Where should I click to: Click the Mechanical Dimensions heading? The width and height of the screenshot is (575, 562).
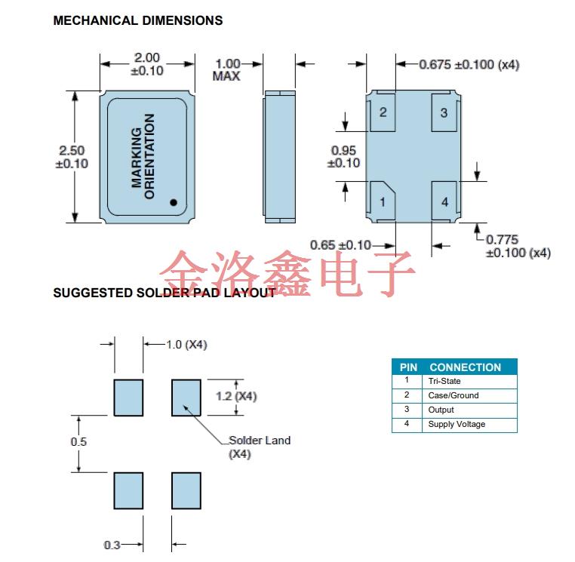pyautogui.click(x=138, y=20)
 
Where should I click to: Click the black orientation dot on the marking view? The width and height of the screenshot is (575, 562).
pyautogui.click(x=173, y=202)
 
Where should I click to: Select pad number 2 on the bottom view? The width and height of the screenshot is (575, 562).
pyautogui.click(x=383, y=112)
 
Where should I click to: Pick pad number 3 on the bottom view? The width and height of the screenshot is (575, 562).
pyautogui.click(x=444, y=112)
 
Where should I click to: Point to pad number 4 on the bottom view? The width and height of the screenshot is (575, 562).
pyautogui.click(x=444, y=201)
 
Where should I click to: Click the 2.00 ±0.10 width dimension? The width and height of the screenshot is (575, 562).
pyautogui.click(x=146, y=64)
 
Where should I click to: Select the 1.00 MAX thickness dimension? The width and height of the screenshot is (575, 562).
pyautogui.click(x=227, y=70)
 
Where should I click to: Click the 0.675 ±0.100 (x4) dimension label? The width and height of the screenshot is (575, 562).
pyautogui.click(x=469, y=65)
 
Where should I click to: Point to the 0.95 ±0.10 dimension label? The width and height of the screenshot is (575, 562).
pyautogui.click(x=344, y=157)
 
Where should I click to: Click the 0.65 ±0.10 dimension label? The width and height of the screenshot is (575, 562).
pyautogui.click(x=341, y=244)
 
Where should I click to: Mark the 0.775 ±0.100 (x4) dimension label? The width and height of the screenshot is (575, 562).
pyautogui.click(x=518, y=247)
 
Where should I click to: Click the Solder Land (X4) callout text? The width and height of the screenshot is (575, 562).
pyautogui.click(x=259, y=447)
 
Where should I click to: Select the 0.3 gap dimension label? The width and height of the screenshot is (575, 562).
pyautogui.click(x=112, y=545)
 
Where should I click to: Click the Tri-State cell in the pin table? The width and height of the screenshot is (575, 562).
pyautogui.click(x=444, y=381)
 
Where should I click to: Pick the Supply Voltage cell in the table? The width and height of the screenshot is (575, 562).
pyautogui.click(x=457, y=424)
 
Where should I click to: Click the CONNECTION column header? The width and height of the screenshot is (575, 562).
pyautogui.click(x=465, y=367)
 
